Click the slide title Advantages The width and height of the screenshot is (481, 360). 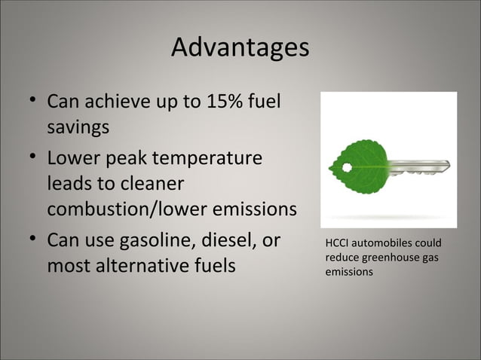point(240,48)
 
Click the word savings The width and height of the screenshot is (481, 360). point(78,127)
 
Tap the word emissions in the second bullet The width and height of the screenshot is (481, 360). point(254,209)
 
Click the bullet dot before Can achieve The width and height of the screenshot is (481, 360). point(28,100)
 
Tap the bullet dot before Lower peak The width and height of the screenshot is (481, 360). point(28,157)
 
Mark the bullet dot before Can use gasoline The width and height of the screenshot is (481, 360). point(28,240)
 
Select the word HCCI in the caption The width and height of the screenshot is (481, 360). point(337,244)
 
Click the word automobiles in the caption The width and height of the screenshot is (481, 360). point(384,244)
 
